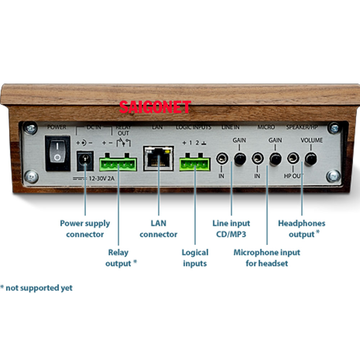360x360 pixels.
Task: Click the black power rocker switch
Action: click(x=58, y=153)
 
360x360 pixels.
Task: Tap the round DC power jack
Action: click(x=85, y=161)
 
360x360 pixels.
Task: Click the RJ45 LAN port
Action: click(x=158, y=158)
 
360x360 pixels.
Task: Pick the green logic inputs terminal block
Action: click(x=195, y=162)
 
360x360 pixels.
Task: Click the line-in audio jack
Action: click(x=222, y=158)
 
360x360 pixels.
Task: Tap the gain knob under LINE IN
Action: click(x=240, y=159)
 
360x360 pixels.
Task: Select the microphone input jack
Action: click(x=258, y=158)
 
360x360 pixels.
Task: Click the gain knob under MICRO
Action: click(x=275, y=159)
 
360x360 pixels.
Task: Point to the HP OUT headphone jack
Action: click(x=293, y=158)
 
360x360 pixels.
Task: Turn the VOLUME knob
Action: click(x=311, y=159)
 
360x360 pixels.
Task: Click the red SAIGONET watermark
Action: click(x=155, y=107)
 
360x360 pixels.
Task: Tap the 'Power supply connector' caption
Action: click(x=85, y=229)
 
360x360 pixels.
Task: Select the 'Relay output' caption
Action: click(x=121, y=258)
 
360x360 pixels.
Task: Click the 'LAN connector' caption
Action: click(x=158, y=229)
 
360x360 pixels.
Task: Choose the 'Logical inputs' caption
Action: click(x=195, y=258)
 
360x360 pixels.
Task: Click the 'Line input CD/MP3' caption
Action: click(x=231, y=229)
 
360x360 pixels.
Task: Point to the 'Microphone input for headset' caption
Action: click(x=267, y=258)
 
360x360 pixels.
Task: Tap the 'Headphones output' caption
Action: click(x=301, y=229)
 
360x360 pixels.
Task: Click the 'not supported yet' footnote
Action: click(x=36, y=288)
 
